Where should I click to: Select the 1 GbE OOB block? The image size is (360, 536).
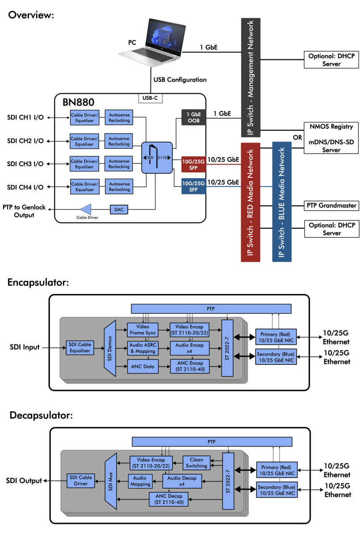(x=193, y=117)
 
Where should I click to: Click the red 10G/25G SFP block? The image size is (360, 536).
(x=193, y=164)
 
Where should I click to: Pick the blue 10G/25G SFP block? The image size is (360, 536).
(x=193, y=186)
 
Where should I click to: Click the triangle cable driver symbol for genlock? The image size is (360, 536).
(x=85, y=209)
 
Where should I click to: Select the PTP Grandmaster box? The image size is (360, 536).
(x=332, y=205)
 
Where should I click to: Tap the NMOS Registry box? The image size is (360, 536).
(x=332, y=127)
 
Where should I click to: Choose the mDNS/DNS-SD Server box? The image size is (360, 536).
(x=332, y=147)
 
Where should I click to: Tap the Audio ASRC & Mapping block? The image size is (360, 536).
(x=142, y=348)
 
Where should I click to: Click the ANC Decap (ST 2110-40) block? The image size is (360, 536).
(x=169, y=498)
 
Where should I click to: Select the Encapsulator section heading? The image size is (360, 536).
(x=38, y=282)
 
